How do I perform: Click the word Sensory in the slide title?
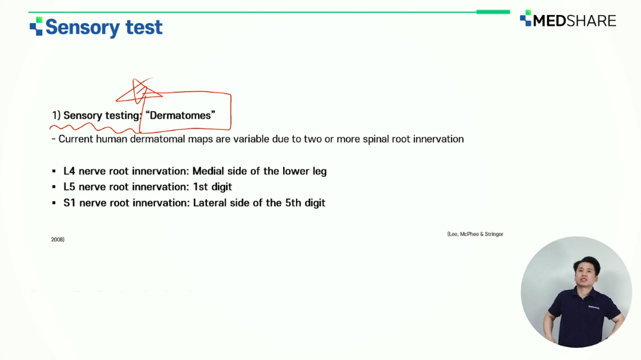pyautogui.click(x=82, y=27)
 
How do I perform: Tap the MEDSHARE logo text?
pyautogui.click(x=574, y=20)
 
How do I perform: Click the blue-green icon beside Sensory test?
pyautogui.click(x=36, y=26)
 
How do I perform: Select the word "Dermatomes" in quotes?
pyautogui.click(x=180, y=115)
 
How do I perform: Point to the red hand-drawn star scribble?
pyautogui.click(x=139, y=92)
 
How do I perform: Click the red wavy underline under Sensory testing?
pyautogui.click(x=95, y=128)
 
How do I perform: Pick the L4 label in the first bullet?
pyautogui.click(x=69, y=171)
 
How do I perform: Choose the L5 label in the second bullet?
pyautogui.click(x=69, y=186)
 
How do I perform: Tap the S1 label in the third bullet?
pyautogui.click(x=69, y=203)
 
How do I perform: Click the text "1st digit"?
pyautogui.click(x=212, y=187)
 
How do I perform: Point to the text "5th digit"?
pyautogui.click(x=305, y=203)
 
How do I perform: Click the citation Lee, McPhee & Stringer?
pyautogui.click(x=475, y=234)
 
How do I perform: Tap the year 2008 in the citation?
pyautogui.click(x=58, y=240)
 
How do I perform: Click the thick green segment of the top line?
pyautogui.click(x=493, y=12)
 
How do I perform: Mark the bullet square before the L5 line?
pyautogui.click(x=54, y=186)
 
